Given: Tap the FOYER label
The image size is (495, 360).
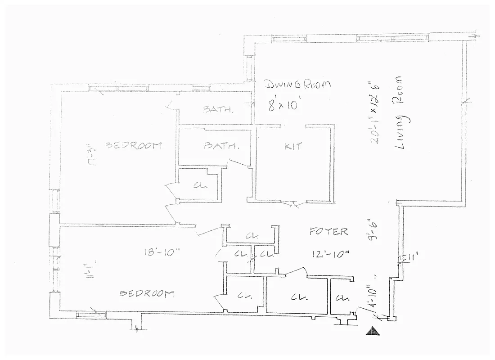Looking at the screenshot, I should click(328, 232).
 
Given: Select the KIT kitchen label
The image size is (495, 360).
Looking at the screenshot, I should click(293, 146).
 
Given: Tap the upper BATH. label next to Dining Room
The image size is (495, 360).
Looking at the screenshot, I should click(218, 109).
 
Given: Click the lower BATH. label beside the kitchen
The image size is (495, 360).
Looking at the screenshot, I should click(220, 146).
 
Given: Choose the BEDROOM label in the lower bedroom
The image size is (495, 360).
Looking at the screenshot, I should click(147, 294).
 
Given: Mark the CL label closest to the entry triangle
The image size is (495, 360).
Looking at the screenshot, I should click(343, 297).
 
